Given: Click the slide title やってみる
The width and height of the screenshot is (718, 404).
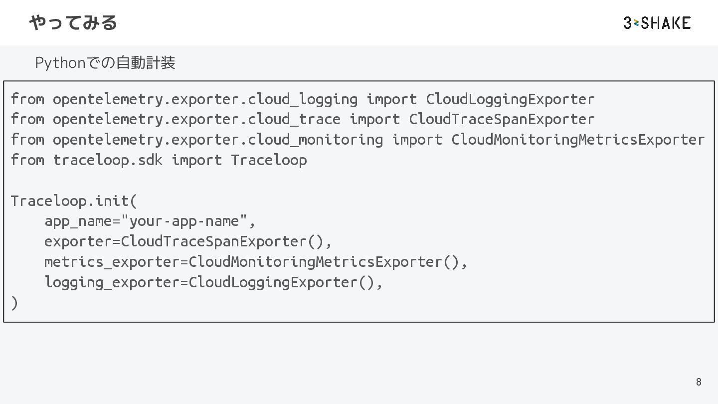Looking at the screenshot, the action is pos(73,22).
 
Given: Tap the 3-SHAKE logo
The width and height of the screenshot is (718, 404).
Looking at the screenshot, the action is pos(657,23).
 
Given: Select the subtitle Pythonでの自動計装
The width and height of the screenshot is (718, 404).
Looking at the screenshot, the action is pos(105,63).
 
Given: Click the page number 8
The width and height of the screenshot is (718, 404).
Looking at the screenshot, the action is pos(698,382).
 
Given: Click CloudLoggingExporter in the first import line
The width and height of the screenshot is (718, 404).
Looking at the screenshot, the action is pos(510,99).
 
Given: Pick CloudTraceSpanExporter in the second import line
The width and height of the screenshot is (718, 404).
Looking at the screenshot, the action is pos(501,119).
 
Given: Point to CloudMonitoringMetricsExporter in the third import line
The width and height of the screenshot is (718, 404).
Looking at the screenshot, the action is pos(577,140).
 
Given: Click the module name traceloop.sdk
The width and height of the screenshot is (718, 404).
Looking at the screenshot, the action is pos(108,160).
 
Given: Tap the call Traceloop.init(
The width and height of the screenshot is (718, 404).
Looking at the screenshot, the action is pos(73,201).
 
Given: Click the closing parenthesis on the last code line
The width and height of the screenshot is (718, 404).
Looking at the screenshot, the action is pos(14,303).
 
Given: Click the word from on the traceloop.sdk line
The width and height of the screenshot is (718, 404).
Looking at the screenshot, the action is pos(27,160).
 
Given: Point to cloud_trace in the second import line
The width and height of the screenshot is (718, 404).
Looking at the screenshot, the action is pos(294,119).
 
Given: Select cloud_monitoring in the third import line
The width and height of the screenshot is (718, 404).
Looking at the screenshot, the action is pos(315,140).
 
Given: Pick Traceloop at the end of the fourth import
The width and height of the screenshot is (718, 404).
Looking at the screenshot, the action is pos(269,160).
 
